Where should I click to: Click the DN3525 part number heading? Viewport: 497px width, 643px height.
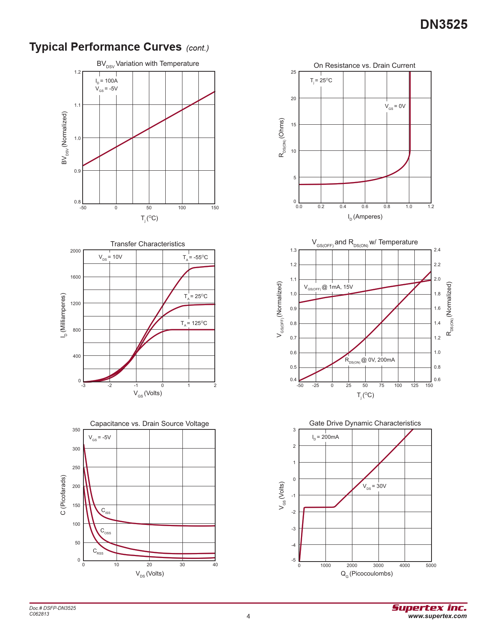click(444, 25)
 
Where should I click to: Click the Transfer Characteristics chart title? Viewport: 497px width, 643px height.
click(148, 244)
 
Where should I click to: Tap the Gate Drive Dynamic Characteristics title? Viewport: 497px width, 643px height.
click(365, 423)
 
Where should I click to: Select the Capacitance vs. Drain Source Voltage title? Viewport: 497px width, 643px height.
click(149, 424)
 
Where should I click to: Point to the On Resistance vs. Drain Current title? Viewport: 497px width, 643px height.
click(364, 65)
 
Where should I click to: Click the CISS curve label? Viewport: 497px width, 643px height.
click(106, 511)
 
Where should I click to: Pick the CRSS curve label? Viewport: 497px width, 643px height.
click(98, 551)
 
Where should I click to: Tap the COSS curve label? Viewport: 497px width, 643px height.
click(106, 531)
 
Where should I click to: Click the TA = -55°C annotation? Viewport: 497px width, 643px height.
click(195, 258)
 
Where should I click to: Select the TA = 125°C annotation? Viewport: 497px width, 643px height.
click(194, 323)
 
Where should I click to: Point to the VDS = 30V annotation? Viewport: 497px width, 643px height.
click(374, 486)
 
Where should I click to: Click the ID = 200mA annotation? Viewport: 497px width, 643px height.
click(325, 437)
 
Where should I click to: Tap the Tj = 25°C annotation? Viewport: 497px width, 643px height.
click(321, 81)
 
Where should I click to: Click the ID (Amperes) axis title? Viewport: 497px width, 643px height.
click(365, 217)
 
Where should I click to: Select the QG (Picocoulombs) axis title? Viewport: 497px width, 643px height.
click(366, 574)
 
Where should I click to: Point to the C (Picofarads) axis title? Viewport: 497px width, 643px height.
click(63, 495)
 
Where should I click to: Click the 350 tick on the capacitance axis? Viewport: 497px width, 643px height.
click(76, 430)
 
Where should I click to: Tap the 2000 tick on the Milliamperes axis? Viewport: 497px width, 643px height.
click(76, 251)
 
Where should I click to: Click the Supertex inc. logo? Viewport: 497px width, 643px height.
click(429, 608)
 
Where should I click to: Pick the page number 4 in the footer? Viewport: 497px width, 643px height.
click(248, 616)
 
